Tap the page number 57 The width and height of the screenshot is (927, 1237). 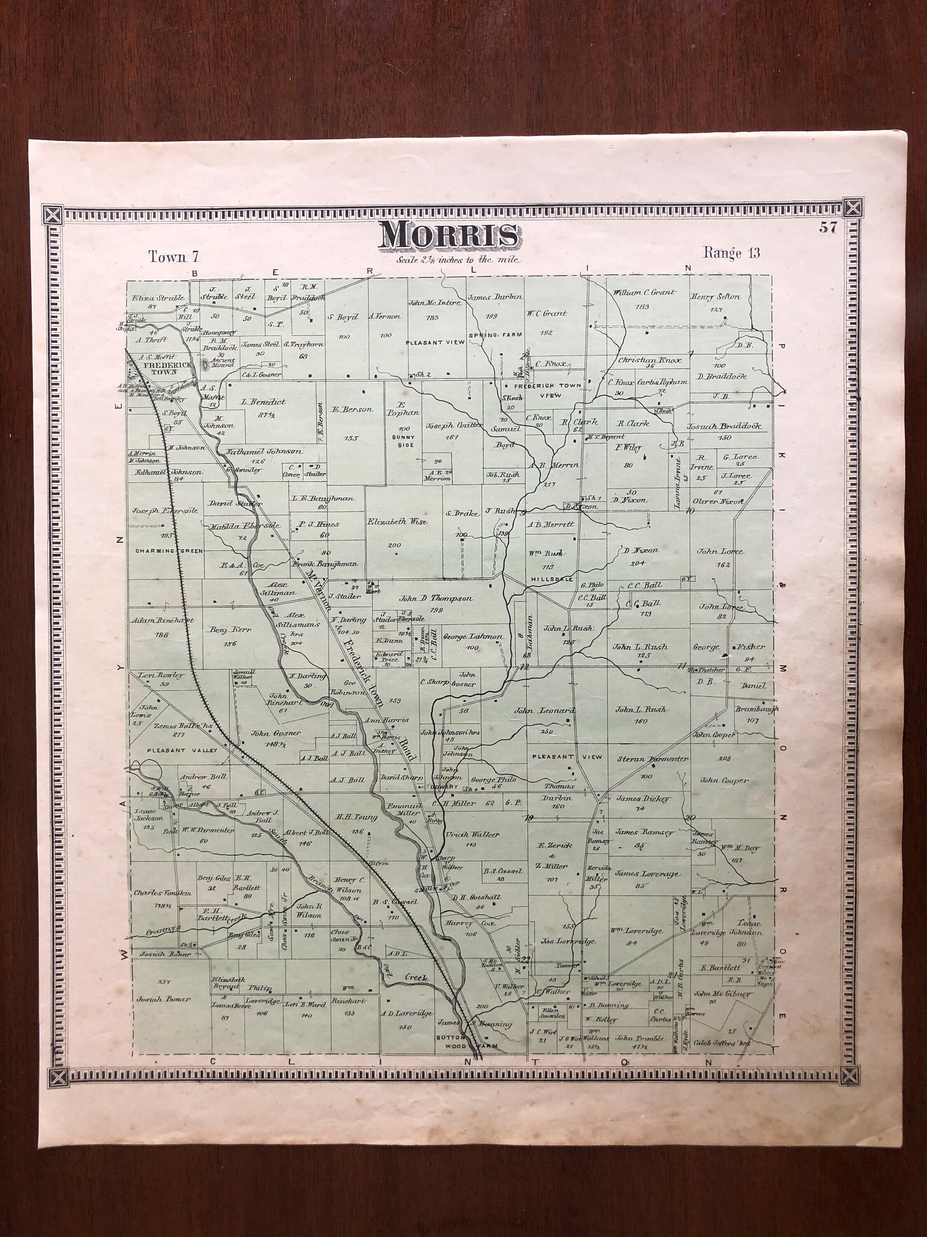828,228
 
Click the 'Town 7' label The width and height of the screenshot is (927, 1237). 174,257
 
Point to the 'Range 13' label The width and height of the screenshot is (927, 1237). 731,253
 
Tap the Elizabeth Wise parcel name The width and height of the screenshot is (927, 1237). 397,521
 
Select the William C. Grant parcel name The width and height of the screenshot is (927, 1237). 644,292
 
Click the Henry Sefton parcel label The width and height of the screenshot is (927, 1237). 715,296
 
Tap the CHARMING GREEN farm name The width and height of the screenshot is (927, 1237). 161,551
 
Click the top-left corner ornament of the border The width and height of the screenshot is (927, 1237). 53,214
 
